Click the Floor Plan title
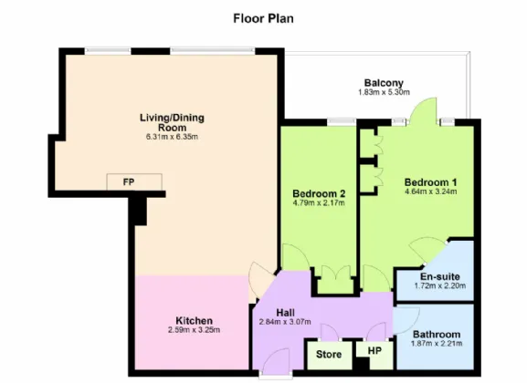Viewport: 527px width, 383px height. (x=263, y=18)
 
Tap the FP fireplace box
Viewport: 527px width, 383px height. (x=134, y=182)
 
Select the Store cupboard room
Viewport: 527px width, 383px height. (x=330, y=355)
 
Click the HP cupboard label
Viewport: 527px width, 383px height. (x=374, y=351)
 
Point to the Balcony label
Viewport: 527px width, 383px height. (x=384, y=83)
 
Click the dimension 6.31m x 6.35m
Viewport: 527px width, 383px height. (x=172, y=137)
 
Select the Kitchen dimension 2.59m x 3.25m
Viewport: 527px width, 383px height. (x=194, y=330)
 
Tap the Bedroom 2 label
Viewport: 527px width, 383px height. (x=319, y=193)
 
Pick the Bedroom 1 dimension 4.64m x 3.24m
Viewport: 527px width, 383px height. (x=430, y=191)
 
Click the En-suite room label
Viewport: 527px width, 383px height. (x=440, y=277)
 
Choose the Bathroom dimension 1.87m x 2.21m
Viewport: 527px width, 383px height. (x=437, y=344)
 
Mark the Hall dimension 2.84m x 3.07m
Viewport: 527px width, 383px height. (x=285, y=322)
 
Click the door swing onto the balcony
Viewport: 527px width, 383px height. (x=423, y=110)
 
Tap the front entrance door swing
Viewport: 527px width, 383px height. (x=277, y=360)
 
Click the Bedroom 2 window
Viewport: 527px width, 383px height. (x=342, y=122)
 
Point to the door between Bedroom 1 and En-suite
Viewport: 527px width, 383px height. (x=427, y=250)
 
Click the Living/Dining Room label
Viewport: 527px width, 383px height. (x=172, y=122)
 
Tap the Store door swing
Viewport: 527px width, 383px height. (x=330, y=332)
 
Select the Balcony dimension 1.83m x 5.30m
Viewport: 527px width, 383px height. (x=384, y=92)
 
